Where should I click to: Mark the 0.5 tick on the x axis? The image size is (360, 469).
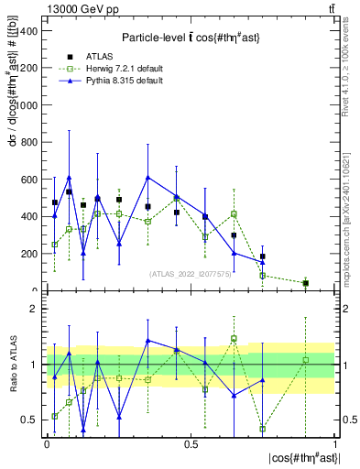point(191,443)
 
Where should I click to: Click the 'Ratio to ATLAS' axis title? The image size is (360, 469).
point(12,364)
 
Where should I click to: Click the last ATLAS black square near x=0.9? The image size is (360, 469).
point(306,283)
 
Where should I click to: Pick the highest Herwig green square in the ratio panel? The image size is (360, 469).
point(235,338)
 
